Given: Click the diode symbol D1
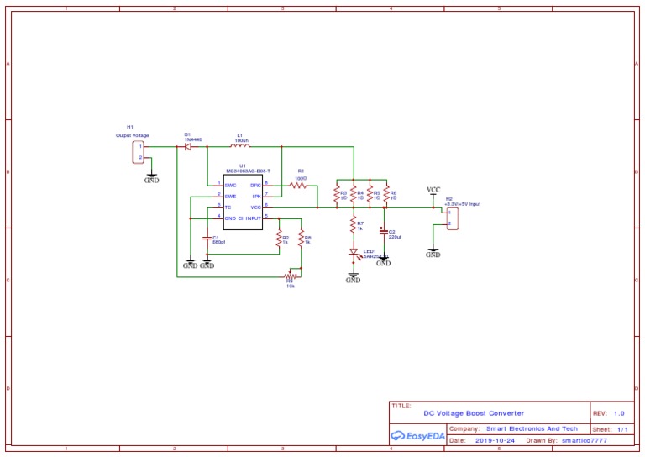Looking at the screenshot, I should coord(188,146).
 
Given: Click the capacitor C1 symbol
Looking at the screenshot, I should coord(207,239).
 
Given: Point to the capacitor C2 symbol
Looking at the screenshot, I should coord(384,230).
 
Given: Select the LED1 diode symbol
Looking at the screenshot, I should coord(354,253).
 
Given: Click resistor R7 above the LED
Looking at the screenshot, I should coord(354,225).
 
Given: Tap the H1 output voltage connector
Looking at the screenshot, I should coord(139,151).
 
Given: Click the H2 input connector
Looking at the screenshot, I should coord(453,218).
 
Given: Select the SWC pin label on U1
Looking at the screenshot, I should coord(230,184).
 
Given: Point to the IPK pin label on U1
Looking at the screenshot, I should coord(255,195).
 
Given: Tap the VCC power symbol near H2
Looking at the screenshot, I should coord(433,191).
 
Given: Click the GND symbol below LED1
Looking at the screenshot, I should coord(353,277).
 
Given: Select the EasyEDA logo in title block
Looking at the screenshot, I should coord(417,435).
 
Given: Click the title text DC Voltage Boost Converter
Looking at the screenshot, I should coord(473,413).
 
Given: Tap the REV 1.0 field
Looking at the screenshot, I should coord(610,413).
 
